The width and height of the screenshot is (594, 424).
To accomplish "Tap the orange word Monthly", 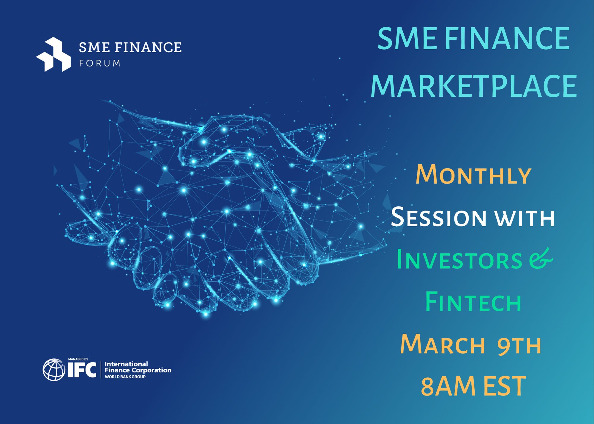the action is point(473,175).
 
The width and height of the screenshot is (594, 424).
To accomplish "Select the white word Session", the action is point(438,217).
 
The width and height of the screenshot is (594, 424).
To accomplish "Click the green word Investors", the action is point(459,260).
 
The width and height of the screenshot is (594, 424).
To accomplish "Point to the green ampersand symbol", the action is point(541,259).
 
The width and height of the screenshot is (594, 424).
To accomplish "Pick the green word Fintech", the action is point(473,302).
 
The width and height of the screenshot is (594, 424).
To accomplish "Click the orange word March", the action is point(443,344).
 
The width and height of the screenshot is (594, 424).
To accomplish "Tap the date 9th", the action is point(519,345).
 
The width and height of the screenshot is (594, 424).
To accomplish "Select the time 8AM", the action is point(448,386).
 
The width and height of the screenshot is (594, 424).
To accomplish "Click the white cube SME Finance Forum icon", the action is point(53,54).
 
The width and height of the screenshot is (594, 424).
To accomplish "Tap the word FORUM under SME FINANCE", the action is point(99,64).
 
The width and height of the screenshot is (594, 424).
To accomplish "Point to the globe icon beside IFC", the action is point(54,370).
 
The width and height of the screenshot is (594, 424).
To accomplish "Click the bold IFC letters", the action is point(82,370).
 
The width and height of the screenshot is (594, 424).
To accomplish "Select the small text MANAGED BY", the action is point(78,359).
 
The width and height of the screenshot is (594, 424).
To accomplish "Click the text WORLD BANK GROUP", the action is point(125,377).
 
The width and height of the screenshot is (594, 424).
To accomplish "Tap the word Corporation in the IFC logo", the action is point(151,370).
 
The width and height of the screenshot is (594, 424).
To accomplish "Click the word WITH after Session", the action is point(525,218).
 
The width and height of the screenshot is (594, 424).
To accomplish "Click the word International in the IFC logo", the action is point(126,364).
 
